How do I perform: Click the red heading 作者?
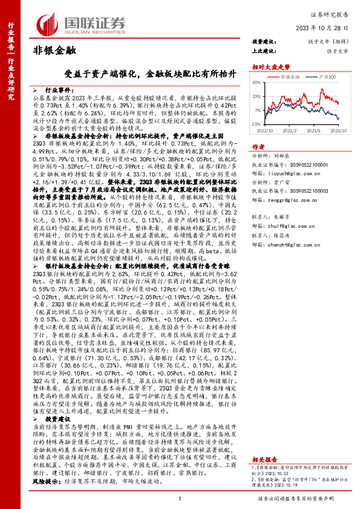(x=258, y=147)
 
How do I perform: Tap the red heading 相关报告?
(x=264, y=459)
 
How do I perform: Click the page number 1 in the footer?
(x=180, y=500)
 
